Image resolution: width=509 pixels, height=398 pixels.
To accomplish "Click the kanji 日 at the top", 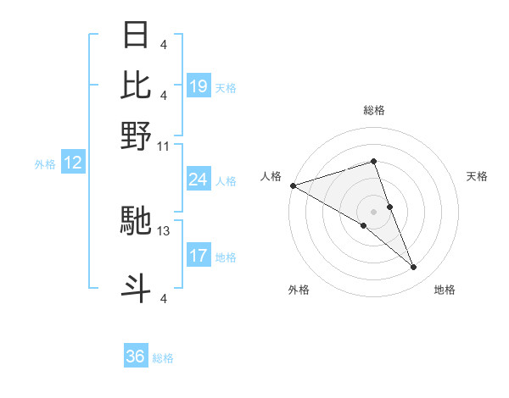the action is pos(137,35).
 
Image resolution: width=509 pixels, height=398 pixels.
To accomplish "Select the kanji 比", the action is pos(137,85).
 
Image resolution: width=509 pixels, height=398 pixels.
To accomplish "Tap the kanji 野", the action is pos(137,135).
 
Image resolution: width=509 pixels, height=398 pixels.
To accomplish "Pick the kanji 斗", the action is pos(137,287).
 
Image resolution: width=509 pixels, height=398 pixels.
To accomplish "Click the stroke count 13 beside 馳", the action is pos(164,230).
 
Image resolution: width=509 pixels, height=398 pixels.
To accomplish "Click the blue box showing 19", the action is pos(199,86).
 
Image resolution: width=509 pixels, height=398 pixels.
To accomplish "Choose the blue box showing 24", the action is pos(199,180).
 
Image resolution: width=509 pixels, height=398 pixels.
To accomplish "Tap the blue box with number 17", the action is pos(199,256).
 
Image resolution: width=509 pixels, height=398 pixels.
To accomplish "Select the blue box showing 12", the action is pos(73,163).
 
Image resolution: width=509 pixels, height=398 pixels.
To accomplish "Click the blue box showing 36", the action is pos(136,357).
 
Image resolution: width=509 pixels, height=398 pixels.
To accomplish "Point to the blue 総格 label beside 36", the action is pos(163,358).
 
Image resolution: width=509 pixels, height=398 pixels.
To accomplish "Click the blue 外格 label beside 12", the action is pos(45,164).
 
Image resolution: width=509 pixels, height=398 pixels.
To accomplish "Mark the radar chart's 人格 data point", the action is pos(293,185).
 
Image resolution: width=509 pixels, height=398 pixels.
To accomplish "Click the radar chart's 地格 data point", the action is pos(414,268).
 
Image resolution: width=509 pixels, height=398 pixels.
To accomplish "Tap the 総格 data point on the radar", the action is pos(374,161).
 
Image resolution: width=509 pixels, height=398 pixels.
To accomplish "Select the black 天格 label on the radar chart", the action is pos(477,176).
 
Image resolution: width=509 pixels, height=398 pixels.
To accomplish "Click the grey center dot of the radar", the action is pos(374,211).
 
